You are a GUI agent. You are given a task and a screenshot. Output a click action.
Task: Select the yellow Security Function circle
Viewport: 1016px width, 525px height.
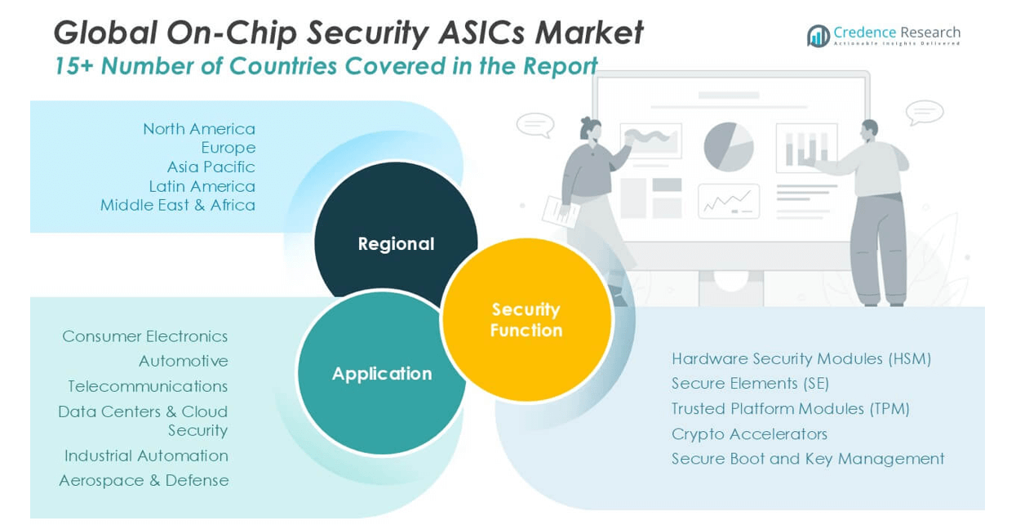(x=526, y=319)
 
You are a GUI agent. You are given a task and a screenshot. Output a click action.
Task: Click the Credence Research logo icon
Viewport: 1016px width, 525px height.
(x=818, y=35)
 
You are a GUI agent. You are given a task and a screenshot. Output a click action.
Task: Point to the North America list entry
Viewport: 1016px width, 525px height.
(x=198, y=129)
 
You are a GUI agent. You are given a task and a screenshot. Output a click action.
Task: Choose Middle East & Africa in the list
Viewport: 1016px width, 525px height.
(x=177, y=205)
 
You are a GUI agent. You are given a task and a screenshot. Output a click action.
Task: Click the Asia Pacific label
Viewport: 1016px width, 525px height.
(x=211, y=167)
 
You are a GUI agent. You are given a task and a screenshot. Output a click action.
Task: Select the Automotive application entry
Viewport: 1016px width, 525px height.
(x=183, y=361)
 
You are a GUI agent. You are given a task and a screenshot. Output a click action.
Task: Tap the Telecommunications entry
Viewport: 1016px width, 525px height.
(x=148, y=386)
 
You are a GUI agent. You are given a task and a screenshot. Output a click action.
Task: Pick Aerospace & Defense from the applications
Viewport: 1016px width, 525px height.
(x=144, y=480)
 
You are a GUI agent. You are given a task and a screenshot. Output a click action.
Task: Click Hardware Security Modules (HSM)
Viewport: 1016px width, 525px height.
(x=801, y=358)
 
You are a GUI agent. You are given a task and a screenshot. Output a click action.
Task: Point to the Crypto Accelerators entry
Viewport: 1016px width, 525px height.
(x=749, y=434)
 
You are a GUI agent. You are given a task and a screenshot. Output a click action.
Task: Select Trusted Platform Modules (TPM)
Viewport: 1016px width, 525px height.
(x=790, y=408)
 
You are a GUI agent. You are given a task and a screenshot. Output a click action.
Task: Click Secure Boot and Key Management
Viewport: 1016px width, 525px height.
(x=807, y=459)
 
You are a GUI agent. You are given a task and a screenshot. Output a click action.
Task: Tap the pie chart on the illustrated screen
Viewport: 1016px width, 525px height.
(x=728, y=147)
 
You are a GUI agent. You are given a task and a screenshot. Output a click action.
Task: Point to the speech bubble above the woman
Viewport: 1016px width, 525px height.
(x=535, y=124)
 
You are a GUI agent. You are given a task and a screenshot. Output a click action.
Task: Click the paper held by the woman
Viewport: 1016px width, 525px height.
(x=561, y=211)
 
